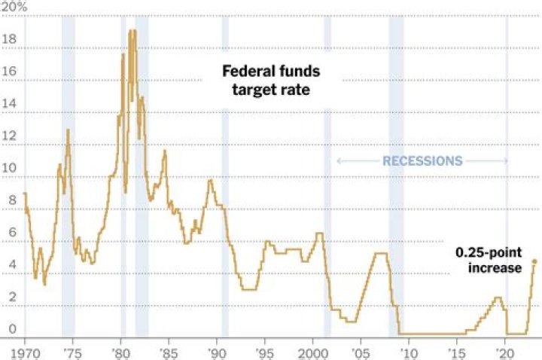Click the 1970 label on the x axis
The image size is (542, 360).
(25, 352)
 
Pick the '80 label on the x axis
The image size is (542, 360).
(120, 352)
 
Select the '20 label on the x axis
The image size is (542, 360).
(504, 352)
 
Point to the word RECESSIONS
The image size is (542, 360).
(422, 161)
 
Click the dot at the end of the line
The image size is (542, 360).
(534, 261)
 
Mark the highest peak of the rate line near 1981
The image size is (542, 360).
(132, 32)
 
